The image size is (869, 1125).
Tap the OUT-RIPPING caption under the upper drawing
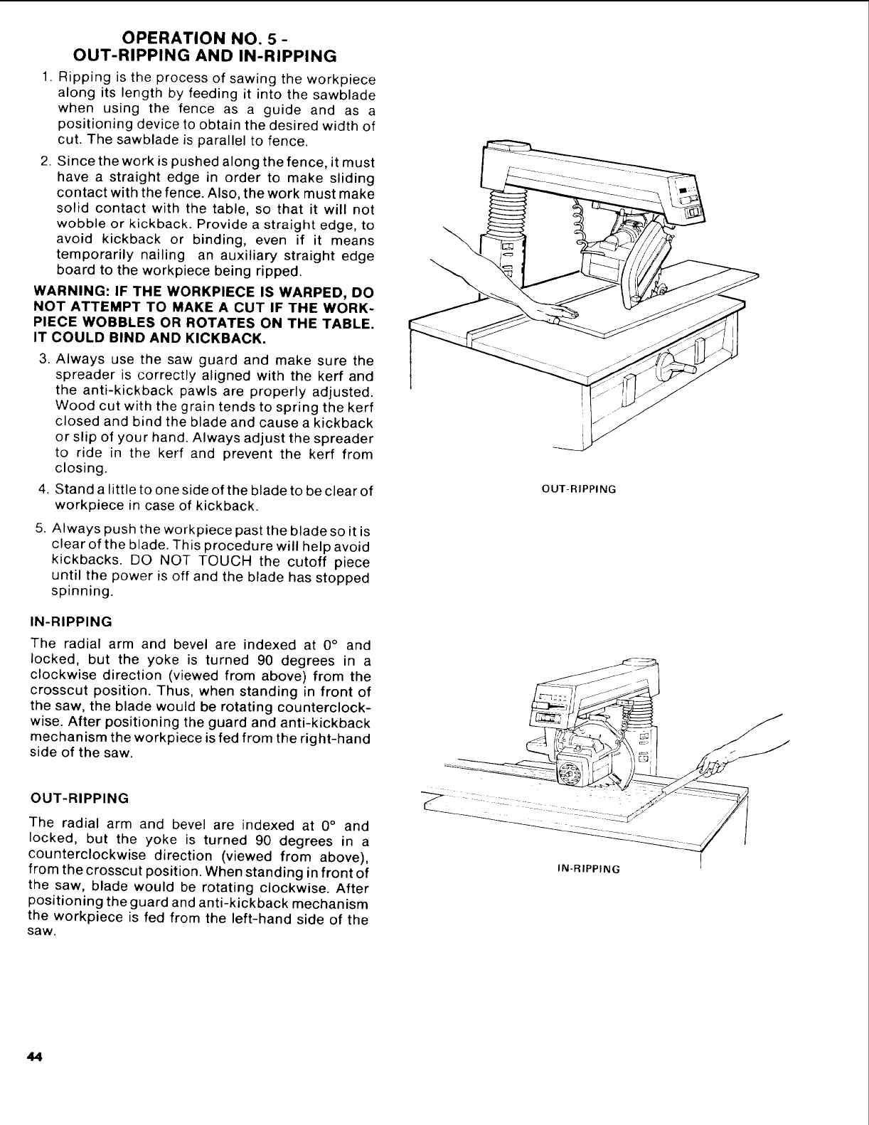point(578,489)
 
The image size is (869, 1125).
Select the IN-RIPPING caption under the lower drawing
point(587,869)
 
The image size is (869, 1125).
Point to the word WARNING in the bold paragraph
point(68,294)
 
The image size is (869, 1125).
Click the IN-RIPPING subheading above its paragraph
point(72,622)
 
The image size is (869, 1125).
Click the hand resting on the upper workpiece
point(559,314)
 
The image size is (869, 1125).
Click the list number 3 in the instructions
point(44,361)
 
